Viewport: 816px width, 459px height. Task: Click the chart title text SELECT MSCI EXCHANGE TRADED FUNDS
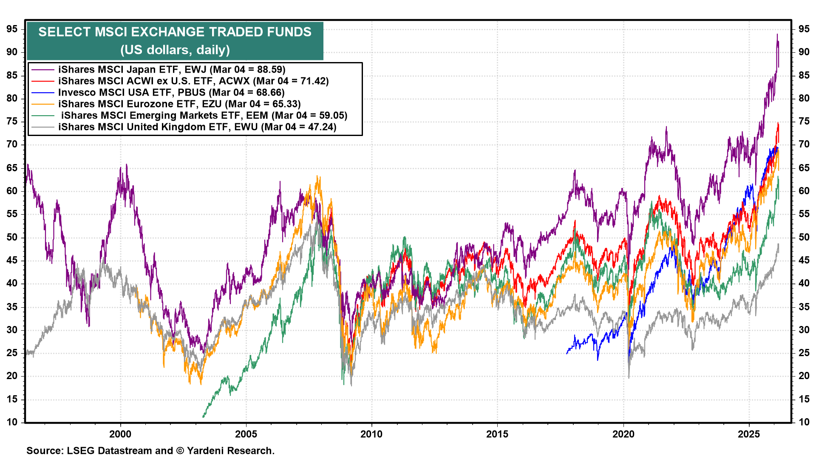[x=175, y=32]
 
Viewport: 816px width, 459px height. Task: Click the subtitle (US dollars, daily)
[x=175, y=50]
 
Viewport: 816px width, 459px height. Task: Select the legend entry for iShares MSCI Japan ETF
[x=172, y=69]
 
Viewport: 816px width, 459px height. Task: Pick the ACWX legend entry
[x=193, y=81]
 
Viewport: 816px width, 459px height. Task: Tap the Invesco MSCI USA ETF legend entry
[x=171, y=92]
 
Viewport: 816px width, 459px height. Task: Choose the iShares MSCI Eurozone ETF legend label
[x=179, y=104]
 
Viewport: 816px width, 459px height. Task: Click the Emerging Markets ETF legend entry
[x=204, y=115]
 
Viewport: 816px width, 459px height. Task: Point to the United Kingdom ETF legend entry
[x=197, y=127]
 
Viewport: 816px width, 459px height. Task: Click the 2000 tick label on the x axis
[x=120, y=434]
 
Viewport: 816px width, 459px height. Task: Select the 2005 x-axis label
[x=246, y=434]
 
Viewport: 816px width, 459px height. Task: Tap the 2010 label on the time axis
[x=371, y=434]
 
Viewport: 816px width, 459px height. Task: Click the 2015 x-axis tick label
[x=497, y=434]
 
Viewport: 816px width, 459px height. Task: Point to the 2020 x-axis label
[x=623, y=434]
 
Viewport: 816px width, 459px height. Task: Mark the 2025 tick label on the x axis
[x=749, y=434]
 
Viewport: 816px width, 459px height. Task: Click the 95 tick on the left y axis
[x=12, y=29]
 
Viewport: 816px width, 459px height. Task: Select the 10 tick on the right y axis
[x=804, y=422]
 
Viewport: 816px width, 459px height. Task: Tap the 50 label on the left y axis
[x=12, y=237]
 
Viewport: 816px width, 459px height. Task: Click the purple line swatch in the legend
[x=43, y=69]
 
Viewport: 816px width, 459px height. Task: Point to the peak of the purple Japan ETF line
[x=777, y=34]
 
